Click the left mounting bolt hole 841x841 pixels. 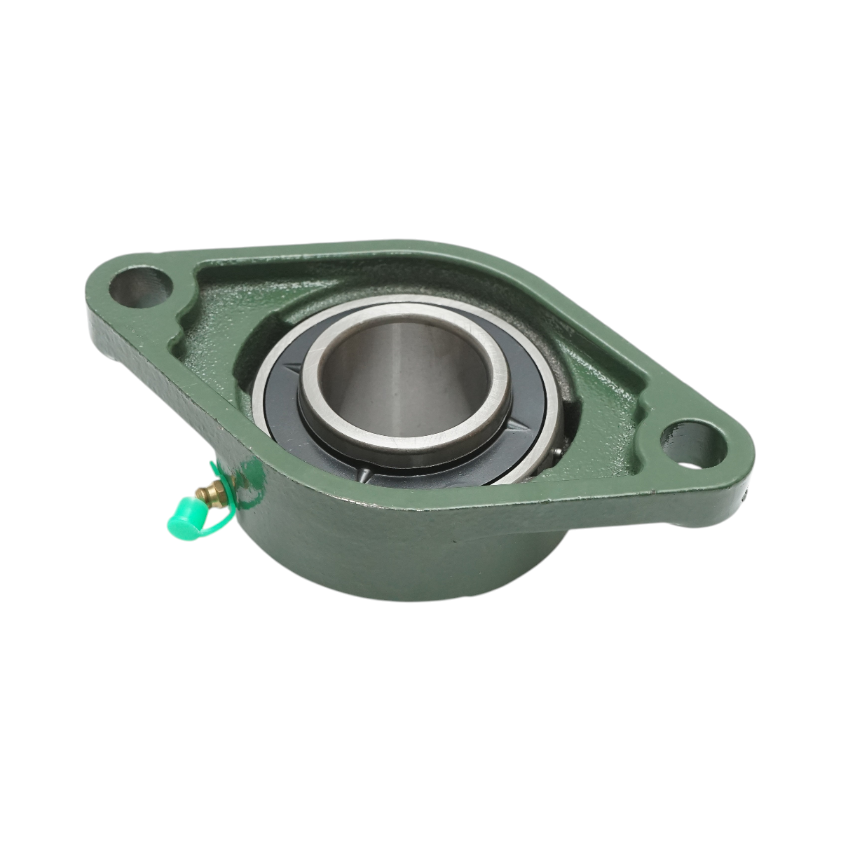click(x=140, y=286)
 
